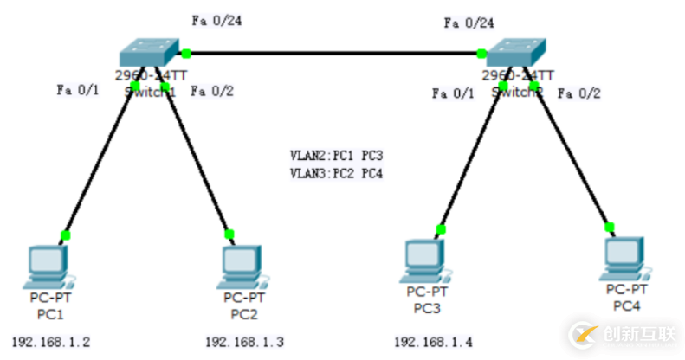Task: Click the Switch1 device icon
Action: (x=152, y=52)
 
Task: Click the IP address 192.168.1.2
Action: (x=51, y=342)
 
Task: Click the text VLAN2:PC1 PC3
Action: (x=336, y=157)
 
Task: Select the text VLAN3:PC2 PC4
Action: (x=336, y=173)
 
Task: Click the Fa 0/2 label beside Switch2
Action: (x=578, y=92)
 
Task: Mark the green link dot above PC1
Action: (x=64, y=235)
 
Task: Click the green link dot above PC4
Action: (x=609, y=227)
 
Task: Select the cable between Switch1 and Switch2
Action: (x=333, y=54)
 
